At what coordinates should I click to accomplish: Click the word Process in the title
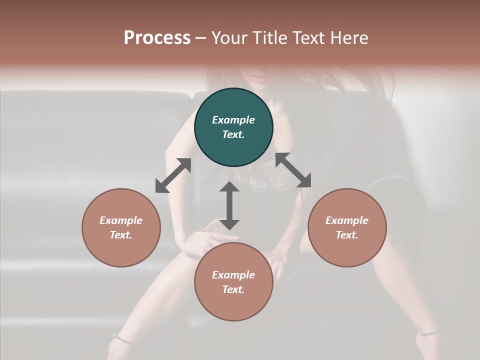[157, 38]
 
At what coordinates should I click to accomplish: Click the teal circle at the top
[233, 127]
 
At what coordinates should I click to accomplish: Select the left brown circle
[121, 227]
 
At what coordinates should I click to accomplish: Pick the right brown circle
[346, 227]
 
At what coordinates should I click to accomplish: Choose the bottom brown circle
[233, 282]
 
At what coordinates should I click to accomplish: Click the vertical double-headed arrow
[229, 205]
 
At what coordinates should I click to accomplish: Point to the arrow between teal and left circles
[173, 175]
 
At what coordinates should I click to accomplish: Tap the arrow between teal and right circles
[293, 170]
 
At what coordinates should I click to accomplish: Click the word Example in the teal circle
[233, 120]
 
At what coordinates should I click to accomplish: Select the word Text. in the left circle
[121, 235]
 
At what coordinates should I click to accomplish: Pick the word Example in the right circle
[346, 220]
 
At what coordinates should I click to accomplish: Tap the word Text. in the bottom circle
[233, 289]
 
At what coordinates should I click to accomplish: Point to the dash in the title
[200, 38]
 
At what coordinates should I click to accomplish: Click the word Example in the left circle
[121, 220]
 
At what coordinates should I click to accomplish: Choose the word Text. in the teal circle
[233, 134]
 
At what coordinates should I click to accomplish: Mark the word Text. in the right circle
[346, 235]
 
